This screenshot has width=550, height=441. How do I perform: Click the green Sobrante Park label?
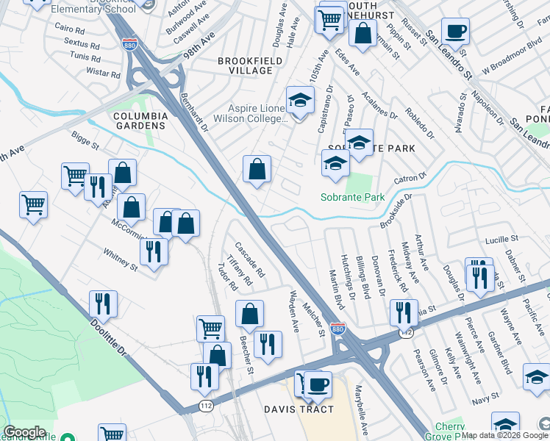pyautogui.click(x=353, y=198)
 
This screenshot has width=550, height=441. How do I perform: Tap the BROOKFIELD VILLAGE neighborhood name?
pyautogui.click(x=245, y=65)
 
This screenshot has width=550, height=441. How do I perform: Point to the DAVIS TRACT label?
pyautogui.click(x=299, y=409)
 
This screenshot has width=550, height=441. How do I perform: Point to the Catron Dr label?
pyautogui.click(x=411, y=179)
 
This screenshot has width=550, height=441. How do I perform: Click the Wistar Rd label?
pyautogui.click(x=103, y=73)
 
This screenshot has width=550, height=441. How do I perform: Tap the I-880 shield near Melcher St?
pyautogui.click(x=337, y=329)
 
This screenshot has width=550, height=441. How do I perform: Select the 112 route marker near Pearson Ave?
pyautogui.click(x=406, y=333)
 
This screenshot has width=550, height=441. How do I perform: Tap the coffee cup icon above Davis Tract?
pyautogui.click(x=318, y=384)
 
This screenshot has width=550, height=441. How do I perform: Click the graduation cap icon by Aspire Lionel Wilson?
pyautogui.click(x=299, y=99)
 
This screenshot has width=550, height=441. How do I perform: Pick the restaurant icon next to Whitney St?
pyautogui.click(x=154, y=251)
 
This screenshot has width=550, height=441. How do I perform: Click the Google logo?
pyautogui.click(x=25, y=432)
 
